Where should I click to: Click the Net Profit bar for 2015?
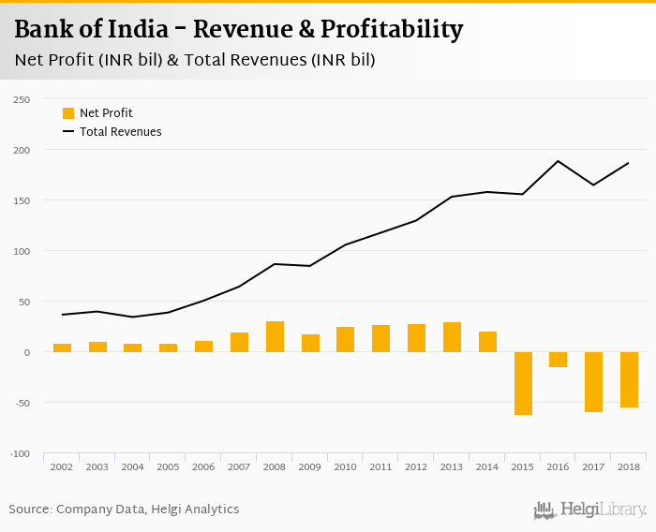pos(523,383)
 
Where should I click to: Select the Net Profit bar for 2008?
pos(275,336)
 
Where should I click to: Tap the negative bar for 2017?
pos(593,382)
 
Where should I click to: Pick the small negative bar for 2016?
pos(559,360)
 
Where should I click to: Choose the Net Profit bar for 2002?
pos(63,347)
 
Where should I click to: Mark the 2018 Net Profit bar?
pos(629,379)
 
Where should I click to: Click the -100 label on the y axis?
pos(20,454)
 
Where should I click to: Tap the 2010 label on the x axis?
pos(346,466)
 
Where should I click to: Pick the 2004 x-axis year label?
pos(133,466)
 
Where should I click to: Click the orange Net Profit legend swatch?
pos(68,113)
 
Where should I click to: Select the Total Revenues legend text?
pos(120,132)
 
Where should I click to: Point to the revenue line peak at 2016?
pos(559,161)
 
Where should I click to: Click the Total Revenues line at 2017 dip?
pos(593,185)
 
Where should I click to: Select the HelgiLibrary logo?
pos(589,510)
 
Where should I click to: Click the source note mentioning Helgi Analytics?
pos(124,510)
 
